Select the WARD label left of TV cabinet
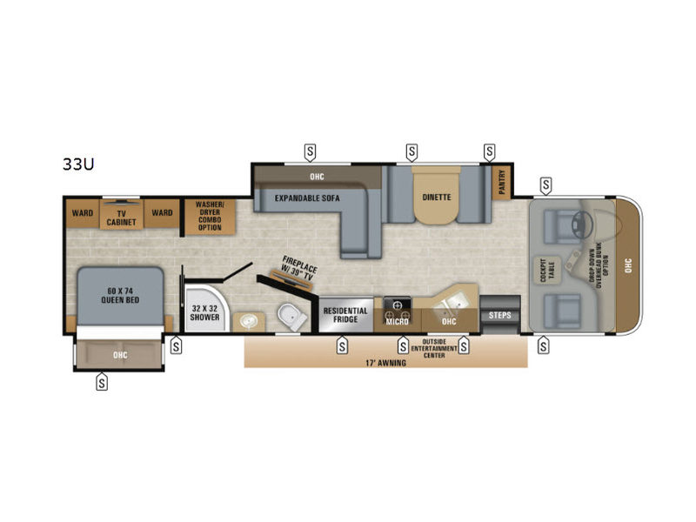point(83,211)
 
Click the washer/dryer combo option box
point(209,215)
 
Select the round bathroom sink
point(248,320)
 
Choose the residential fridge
point(346,314)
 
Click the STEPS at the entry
point(499,314)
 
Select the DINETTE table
point(437,197)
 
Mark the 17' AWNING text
point(386,362)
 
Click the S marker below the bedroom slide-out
point(102,380)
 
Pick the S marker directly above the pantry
point(489,151)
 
